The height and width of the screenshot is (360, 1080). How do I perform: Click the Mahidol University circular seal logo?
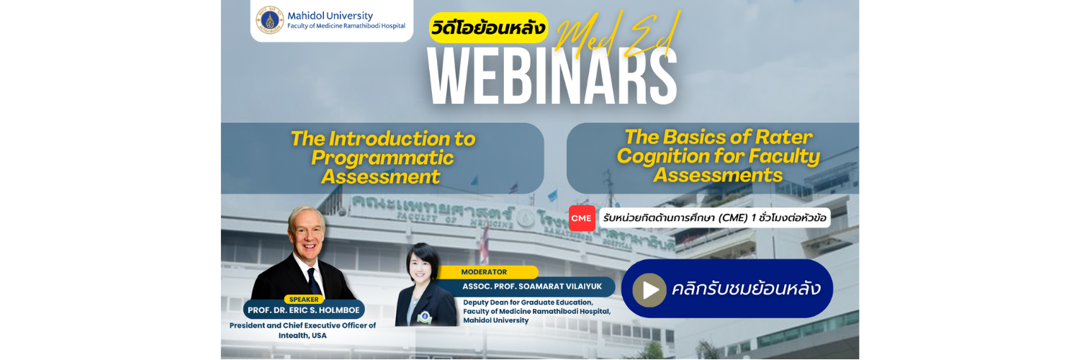tap(269, 19)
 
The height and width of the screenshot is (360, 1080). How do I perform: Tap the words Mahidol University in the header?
tap(330, 15)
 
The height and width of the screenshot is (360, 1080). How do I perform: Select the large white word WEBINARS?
tap(552, 76)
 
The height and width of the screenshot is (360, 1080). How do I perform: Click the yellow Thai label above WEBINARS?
tap(488, 28)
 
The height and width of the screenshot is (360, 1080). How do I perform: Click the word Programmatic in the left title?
tap(382, 158)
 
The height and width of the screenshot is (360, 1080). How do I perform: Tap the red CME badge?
tap(582, 218)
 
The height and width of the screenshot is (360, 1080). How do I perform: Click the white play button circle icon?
tap(649, 290)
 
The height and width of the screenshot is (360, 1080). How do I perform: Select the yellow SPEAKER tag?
tap(304, 300)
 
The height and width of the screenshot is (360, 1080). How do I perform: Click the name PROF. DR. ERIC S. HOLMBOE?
tap(304, 310)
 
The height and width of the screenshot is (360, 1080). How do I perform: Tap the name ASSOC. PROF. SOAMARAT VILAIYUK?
tap(532, 287)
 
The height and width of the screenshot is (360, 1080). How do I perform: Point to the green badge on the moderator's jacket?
tap(425, 317)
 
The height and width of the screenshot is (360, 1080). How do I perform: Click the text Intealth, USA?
tap(302, 336)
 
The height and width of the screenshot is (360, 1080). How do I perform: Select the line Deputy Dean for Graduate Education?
tap(528, 302)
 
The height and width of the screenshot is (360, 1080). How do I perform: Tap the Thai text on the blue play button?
tap(746, 289)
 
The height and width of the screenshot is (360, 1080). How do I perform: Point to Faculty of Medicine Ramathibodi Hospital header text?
tap(346, 26)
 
